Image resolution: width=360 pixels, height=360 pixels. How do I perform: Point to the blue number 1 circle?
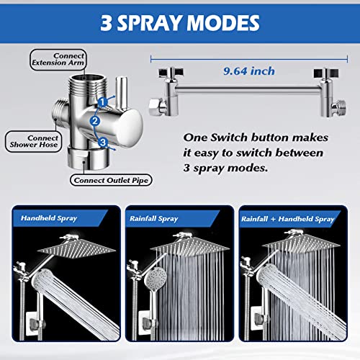point(104,102)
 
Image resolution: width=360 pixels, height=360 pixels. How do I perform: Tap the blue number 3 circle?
point(104,143)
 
